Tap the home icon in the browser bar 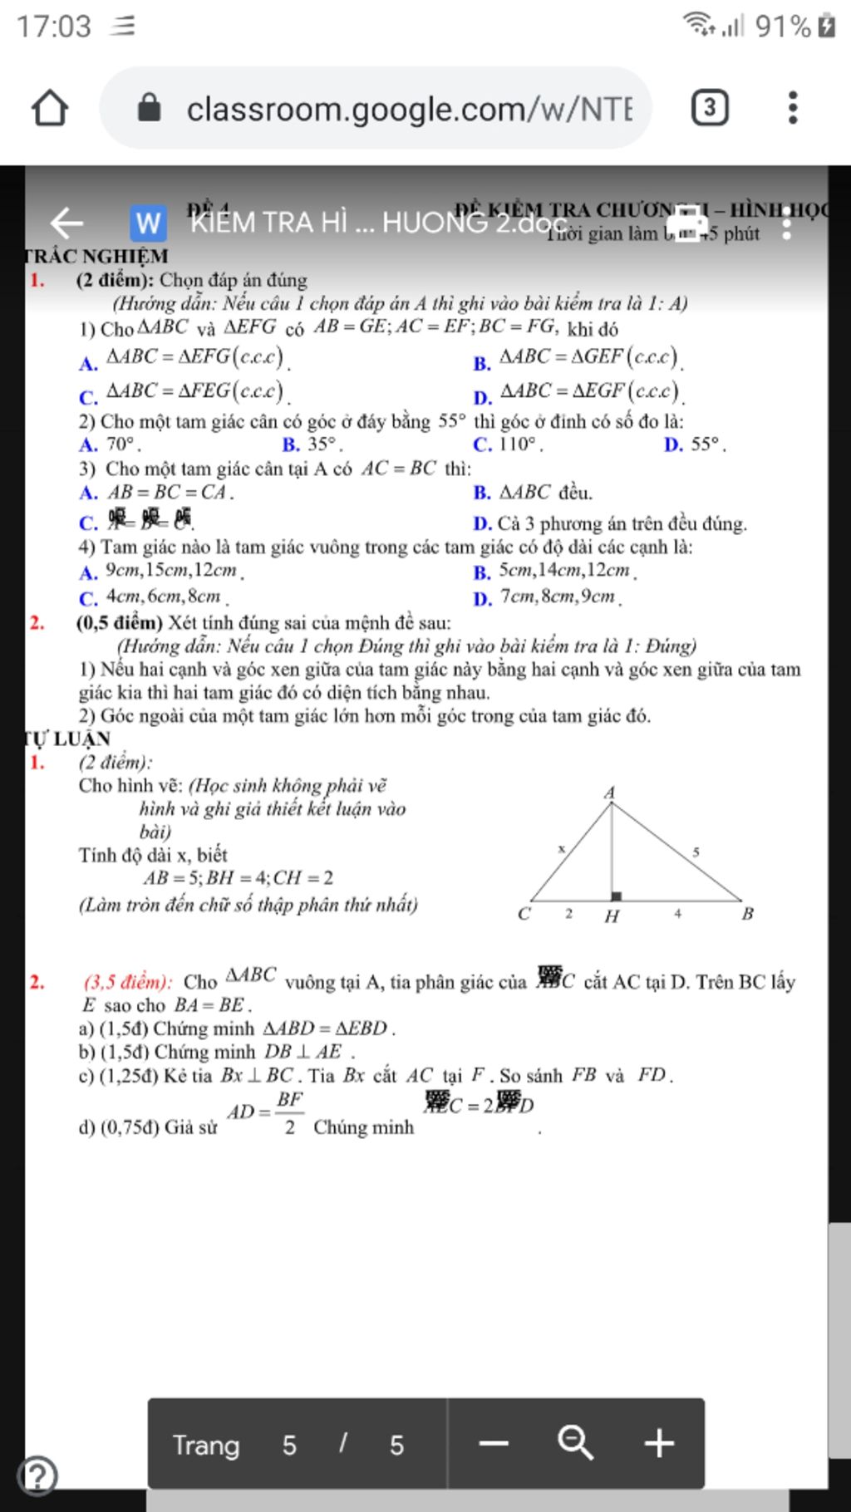pyautogui.click(x=49, y=108)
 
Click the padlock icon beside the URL pyautogui.click(x=149, y=108)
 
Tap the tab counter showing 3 pyautogui.click(x=709, y=108)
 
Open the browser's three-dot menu pyautogui.click(x=792, y=108)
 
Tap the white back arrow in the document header pyautogui.click(x=67, y=223)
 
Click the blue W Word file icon pyautogui.click(x=148, y=223)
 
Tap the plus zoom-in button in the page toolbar pyautogui.click(x=659, y=1443)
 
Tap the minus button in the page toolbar pyautogui.click(x=494, y=1443)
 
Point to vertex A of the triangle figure pyautogui.click(x=609, y=793)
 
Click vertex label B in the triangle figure pyautogui.click(x=747, y=914)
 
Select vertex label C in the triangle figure pyautogui.click(x=524, y=914)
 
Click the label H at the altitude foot pyautogui.click(x=612, y=916)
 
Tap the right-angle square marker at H pyautogui.click(x=617, y=896)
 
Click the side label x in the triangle pyautogui.click(x=561, y=848)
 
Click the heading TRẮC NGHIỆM pyautogui.click(x=96, y=256)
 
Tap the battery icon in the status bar pyautogui.click(x=826, y=26)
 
